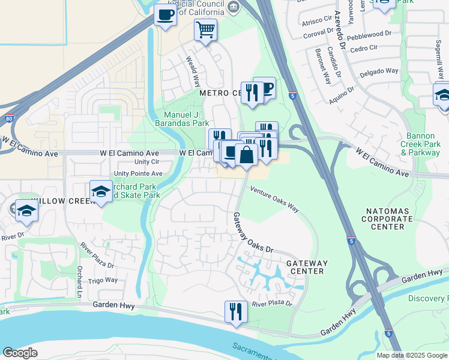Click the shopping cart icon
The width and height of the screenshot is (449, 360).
[x=206, y=29]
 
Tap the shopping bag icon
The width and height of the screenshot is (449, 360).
[x=246, y=154]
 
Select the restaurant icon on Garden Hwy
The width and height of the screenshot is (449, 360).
[x=235, y=311]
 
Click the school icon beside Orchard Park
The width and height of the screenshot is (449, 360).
[x=101, y=191]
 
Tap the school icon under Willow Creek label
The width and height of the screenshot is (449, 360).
[x=26, y=211]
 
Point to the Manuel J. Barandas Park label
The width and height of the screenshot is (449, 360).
[x=187, y=119]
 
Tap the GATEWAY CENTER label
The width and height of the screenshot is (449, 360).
[x=307, y=267]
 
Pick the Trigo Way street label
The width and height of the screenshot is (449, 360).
[x=103, y=280]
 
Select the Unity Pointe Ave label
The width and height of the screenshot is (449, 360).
[x=138, y=173]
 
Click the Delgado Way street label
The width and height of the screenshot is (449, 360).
[x=379, y=71]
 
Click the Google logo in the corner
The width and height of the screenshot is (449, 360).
[x=20, y=352]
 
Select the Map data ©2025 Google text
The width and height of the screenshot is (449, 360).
[x=411, y=355]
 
